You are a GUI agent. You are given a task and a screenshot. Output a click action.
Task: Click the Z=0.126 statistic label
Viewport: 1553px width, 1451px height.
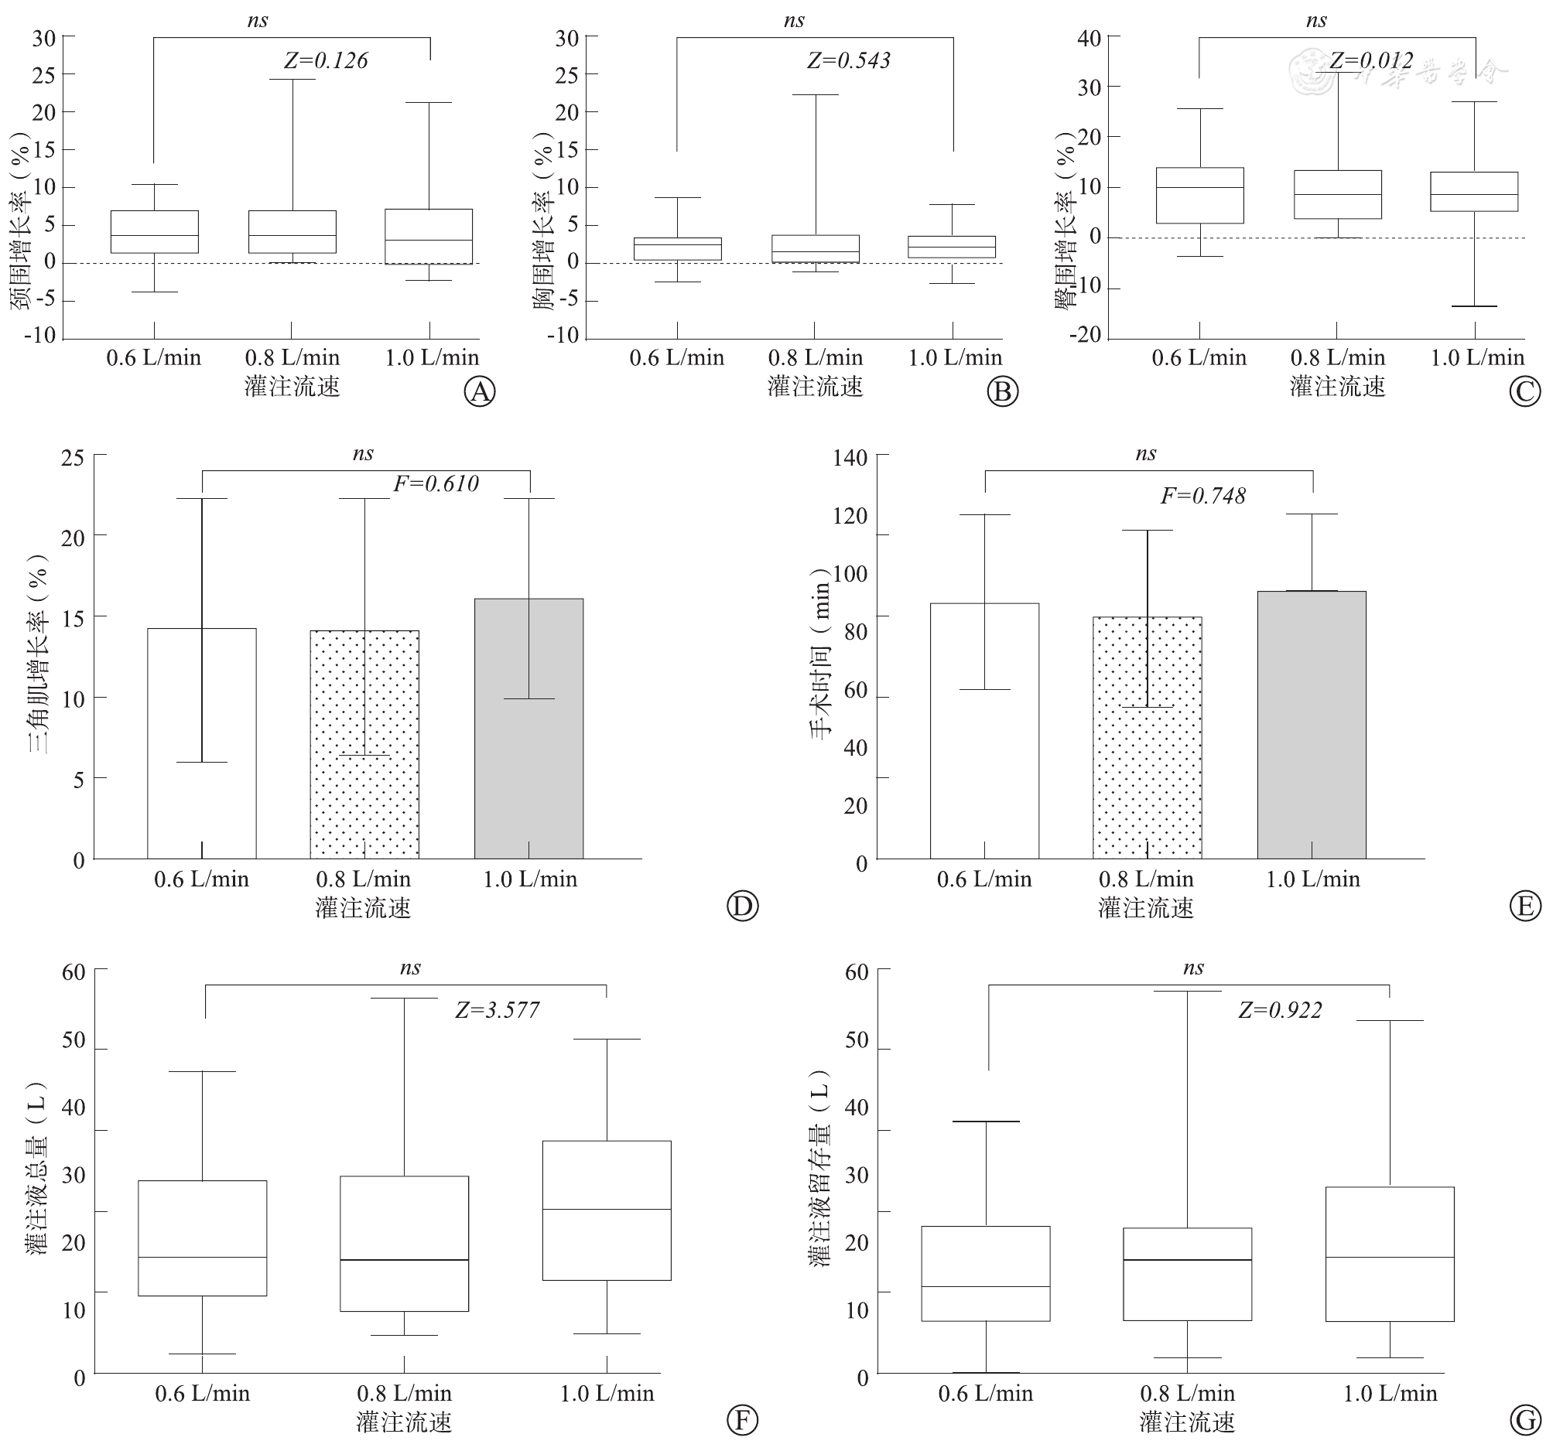click(x=326, y=61)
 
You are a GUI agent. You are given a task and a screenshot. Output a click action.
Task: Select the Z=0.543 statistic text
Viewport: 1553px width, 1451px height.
click(x=848, y=61)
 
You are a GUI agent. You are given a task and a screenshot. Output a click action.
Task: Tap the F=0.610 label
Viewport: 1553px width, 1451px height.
click(x=436, y=484)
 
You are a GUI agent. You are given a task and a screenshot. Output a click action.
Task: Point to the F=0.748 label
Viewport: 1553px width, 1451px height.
click(x=1203, y=496)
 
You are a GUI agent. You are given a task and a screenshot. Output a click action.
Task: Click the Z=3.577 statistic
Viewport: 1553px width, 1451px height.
click(x=498, y=1011)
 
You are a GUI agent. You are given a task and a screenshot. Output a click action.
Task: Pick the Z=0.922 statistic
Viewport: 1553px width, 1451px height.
click(x=1281, y=1011)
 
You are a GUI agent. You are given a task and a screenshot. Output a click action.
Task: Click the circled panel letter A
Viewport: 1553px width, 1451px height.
click(x=480, y=391)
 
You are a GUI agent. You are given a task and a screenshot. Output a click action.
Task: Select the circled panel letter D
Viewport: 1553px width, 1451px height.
click(x=742, y=906)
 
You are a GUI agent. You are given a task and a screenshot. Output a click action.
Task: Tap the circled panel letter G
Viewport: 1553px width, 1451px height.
click(x=1525, y=1420)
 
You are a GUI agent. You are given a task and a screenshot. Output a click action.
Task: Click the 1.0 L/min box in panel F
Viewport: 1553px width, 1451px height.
click(x=607, y=1210)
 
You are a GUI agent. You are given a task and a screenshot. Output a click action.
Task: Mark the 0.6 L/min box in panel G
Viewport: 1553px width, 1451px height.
click(x=986, y=1273)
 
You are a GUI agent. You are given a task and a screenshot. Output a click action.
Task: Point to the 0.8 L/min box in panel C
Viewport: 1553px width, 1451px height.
click(x=1337, y=194)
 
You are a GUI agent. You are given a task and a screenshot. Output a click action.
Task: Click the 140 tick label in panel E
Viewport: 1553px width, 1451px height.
click(x=850, y=458)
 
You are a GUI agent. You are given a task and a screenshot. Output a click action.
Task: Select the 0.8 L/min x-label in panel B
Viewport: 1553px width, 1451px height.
click(x=816, y=357)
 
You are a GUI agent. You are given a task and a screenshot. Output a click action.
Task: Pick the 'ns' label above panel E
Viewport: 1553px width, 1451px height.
click(x=1145, y=454)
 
